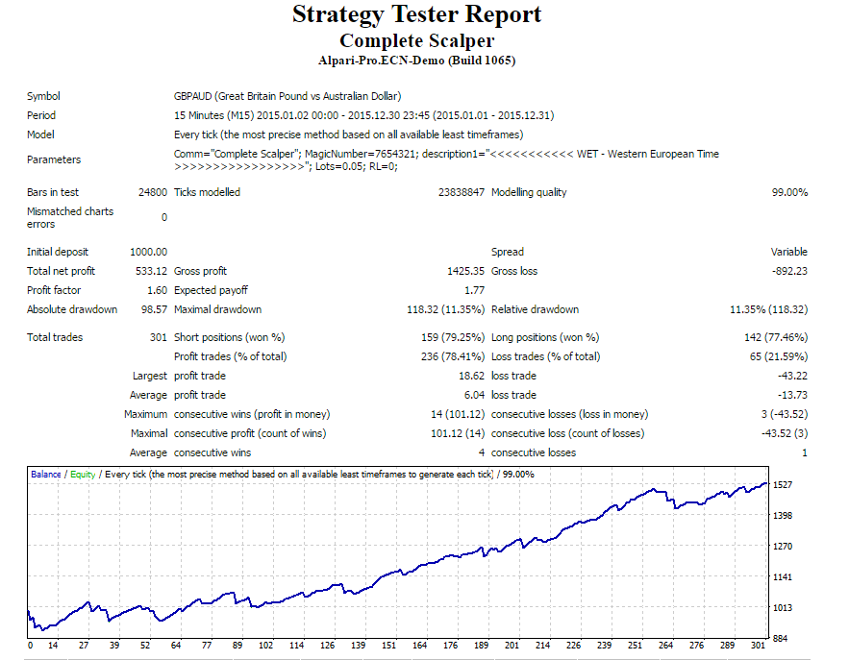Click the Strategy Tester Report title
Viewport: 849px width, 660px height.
coord(416,15)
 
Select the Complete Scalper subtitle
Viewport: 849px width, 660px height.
coord(416,40)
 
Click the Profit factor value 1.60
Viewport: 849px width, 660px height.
coord(156,290)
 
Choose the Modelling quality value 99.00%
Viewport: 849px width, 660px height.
coord(788,192)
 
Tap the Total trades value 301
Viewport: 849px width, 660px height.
coord(157,337)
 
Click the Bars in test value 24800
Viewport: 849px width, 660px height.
coord(152,192)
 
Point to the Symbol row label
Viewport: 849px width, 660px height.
coord(43,96)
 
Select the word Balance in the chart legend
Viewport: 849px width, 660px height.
coord(45,475)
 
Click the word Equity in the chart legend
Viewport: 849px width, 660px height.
coord(83,475)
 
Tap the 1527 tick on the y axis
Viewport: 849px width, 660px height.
coord(784,485)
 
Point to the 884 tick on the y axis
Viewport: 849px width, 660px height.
coord(781,638)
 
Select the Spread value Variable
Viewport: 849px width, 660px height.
coord(788,252)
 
